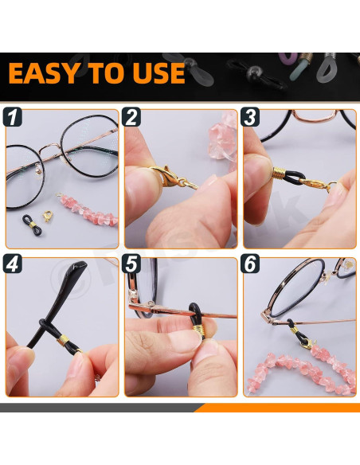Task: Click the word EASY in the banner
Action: pyautogui.click(x=44, y=73)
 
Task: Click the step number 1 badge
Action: pyautogui.click(x=13, y=117)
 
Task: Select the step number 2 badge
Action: pyautogui.click(x=131, y=117)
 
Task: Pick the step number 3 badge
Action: pyautogui.click(x=250, y=117)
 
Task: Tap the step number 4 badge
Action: pyautogui.click(x=13, y=264)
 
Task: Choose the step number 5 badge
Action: pyautogui.click(x=131, y=264)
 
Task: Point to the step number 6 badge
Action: pyautogui.click(x=250, y=264)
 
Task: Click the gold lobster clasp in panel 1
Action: pyautogui.click(x=48, y=217)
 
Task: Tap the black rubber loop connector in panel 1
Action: pyautogui.click(x=33, y=225)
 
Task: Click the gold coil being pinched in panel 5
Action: pyautogui.click(x=198, y=330)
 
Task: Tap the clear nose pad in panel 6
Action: pyautogui.click(x=327, y=276)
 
